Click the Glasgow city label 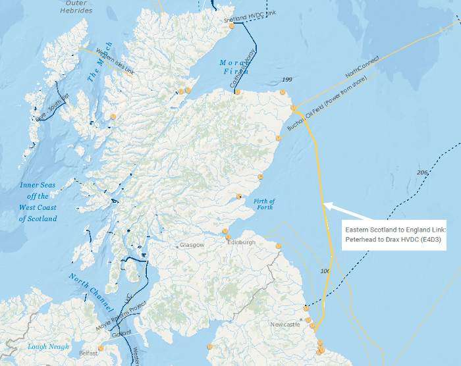[192, 245]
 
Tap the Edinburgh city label [240, 242]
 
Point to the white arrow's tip [325, 206]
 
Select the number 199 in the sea [286, 80]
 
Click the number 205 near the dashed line [422, 172]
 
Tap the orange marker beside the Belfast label [101, 348]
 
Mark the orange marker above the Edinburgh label [225, 231]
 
